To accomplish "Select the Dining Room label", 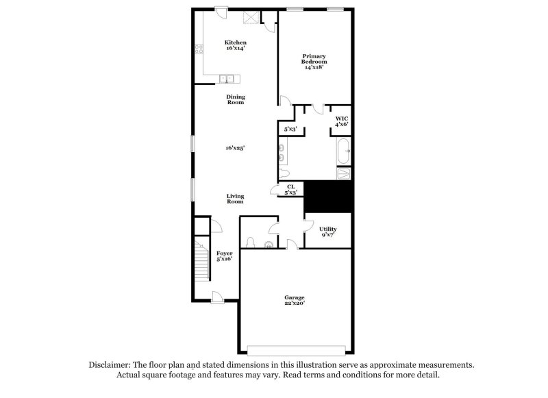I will click(x=236, y=99).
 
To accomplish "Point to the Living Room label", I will click(x=235, y=199).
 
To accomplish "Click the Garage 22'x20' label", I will click(x=295, y=299).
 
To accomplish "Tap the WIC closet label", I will click(x=341, y=121).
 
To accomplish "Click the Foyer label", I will click(x=224, y=256).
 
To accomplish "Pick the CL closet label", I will click(x=290, y=189).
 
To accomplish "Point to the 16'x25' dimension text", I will click(x=236, y=147).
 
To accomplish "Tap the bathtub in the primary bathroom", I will click(x=343, y=151).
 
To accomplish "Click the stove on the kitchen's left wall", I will click(x=199, y=49).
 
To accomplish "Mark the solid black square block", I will click(x=327, y=197).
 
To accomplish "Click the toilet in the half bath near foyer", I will click(x=251, y=242).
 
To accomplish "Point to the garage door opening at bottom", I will click(x=295, y=347).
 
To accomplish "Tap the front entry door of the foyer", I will click(x=216, y=296).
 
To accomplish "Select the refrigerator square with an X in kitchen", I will click(x=252, y=18).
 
